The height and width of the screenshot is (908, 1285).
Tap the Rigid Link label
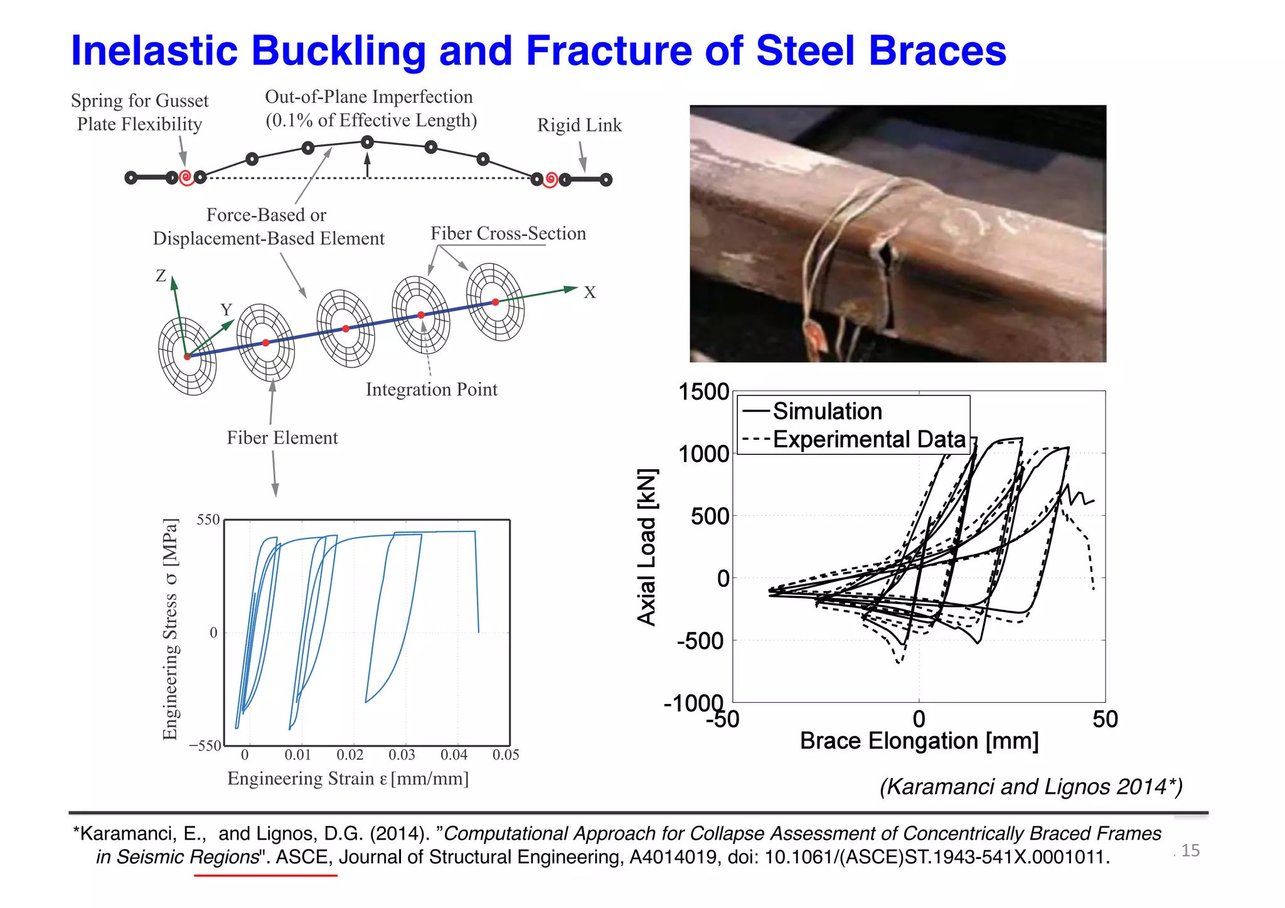(579, 126)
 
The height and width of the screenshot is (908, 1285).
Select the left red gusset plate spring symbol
(186, 178)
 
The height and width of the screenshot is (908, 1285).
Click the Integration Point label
(431, 390)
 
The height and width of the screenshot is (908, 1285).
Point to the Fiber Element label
(282, 438)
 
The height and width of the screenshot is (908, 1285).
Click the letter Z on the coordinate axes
(161, 275)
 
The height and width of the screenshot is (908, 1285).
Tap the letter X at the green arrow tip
(590, 292)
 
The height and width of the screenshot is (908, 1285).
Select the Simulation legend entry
(827, 412)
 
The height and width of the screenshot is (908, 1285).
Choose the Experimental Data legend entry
(869, 439)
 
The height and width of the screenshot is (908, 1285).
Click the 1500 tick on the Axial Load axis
(703, 392)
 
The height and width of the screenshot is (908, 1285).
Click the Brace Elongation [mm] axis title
(919, 741)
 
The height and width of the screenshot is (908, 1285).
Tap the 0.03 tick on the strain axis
(402, 755)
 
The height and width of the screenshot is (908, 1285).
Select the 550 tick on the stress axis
(208, 520)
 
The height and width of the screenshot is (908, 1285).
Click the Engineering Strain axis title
(348, 779)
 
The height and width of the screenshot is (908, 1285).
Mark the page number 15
(1190, 851)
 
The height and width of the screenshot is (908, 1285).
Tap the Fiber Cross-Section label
(508, 233)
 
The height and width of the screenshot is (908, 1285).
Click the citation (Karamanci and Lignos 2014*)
(1030, 787)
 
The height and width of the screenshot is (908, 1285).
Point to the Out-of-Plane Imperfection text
(369, 97)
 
